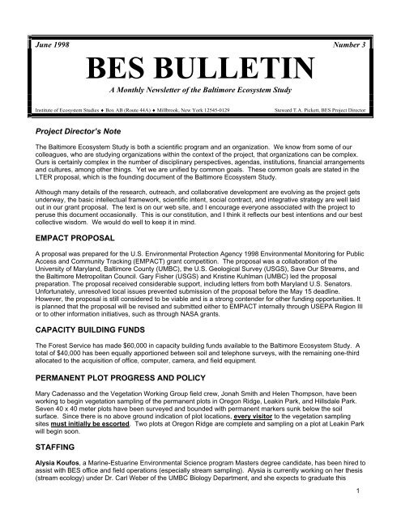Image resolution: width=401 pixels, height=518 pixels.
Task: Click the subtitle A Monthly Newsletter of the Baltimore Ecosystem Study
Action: [x=200, y=88]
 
